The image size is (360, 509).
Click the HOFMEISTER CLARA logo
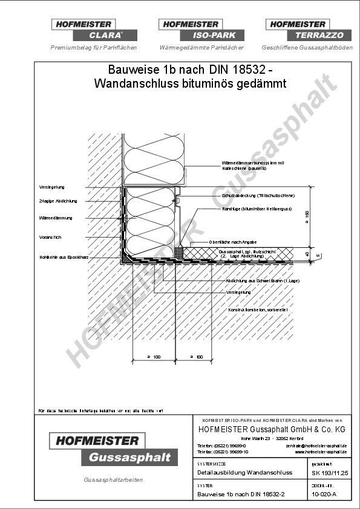[x=93, y=30]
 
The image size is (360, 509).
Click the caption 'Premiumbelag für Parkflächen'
[x=93, y=47]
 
